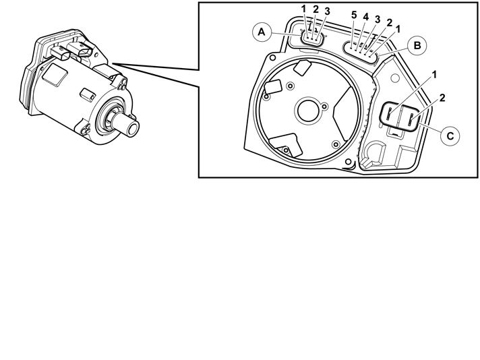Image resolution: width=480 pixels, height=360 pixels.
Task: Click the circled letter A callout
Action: click(x=262, y=32)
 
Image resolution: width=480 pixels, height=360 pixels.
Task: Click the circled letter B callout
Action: click(x=417, y=46)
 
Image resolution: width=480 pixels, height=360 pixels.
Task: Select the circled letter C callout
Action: click(x=450, y=136)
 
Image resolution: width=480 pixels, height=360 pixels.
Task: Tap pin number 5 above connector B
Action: click(x=354, y=15)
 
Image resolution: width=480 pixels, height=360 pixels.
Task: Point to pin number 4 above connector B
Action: click(x=366, y=17)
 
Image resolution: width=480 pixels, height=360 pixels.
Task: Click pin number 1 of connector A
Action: click(x=303, y=9)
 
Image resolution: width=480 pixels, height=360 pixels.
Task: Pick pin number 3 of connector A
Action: click(x=327, y=11)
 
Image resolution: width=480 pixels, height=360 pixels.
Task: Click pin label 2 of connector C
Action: click(x=442, y=98)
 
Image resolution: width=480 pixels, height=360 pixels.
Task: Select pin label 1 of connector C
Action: click(x=434, y=75)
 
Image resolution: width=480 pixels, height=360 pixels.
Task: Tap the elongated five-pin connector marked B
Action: click(x=361, y=53)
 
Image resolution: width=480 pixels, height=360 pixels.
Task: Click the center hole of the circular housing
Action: click(x=307, y=111)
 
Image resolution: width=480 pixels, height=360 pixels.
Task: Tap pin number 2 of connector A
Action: click(x=316, y=9)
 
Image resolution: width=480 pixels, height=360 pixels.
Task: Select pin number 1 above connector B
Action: click(x=398, y=30)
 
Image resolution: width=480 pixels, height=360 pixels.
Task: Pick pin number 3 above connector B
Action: click(x=378, y=20)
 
